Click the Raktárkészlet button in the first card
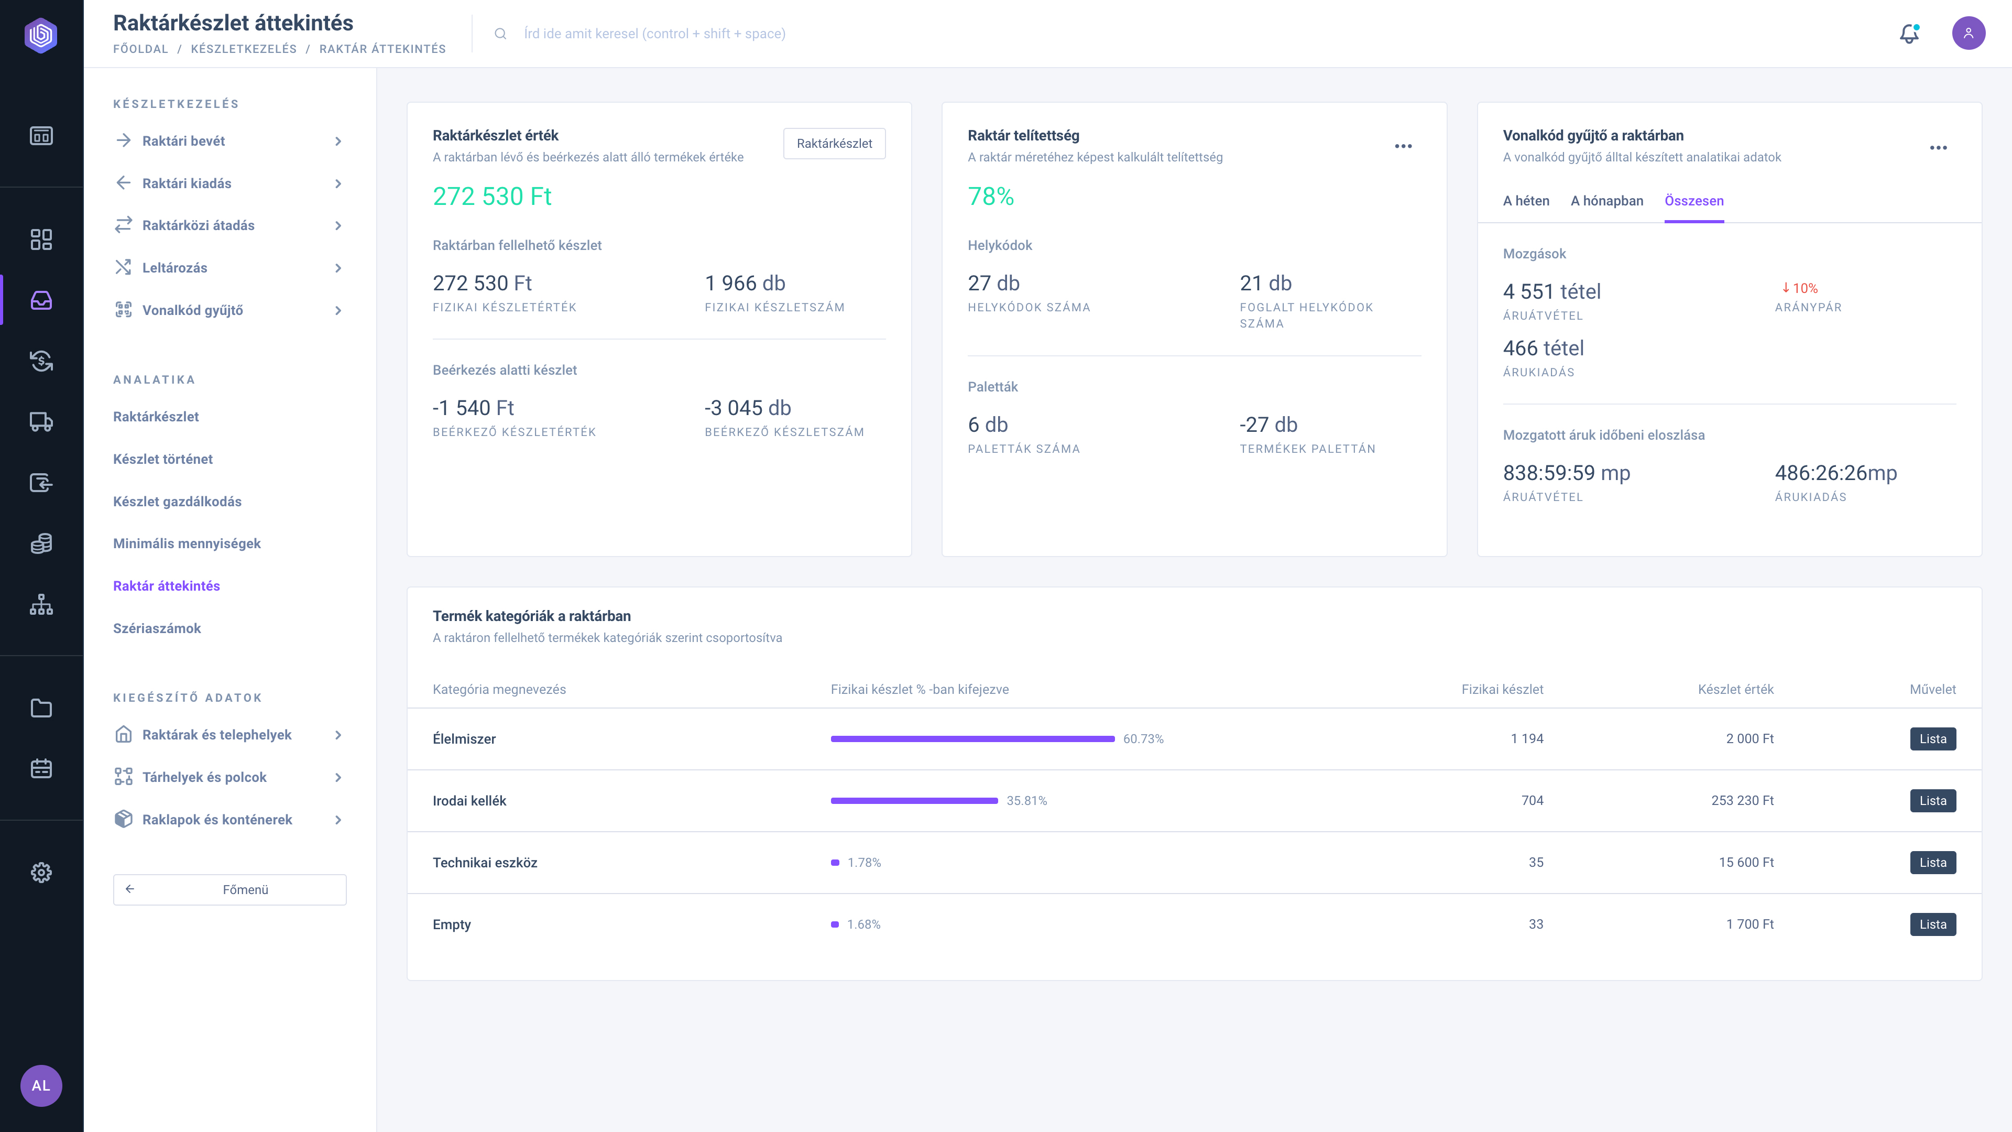pos(834,144)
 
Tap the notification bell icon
pos(1909,34)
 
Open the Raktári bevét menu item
pos(183,140)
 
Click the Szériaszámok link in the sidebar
pos(157,628)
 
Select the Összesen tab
pos(1694,201)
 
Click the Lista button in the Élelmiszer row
pos(1932,739)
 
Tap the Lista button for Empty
pos(1932,924)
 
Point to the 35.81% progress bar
pos(914,801)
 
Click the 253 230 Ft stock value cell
pos(1743,801)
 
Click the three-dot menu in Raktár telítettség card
pos(1403,146)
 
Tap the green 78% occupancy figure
pos(990,196)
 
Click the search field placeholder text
pos(654,34)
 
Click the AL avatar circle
pos(41,1086)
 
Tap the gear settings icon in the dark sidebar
pos(41,873)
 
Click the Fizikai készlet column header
pos(1502,690)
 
